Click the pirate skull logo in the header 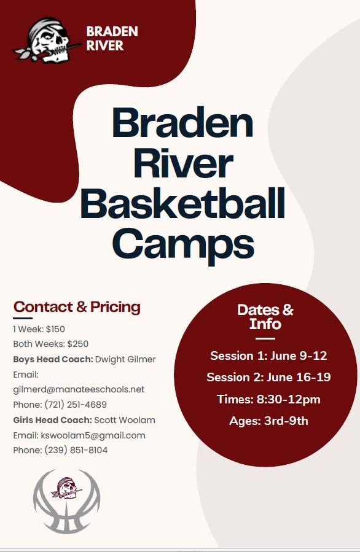click(x=47, y=41)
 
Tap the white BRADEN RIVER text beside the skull click(x=112, y=38)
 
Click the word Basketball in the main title click(x=183, y=204)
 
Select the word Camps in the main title click(x=183, y=244)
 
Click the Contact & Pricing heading click(x=77, y=307)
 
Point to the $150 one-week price click(x=56, y=329)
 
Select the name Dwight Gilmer click(x=125, y=359)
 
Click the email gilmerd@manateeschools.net click(x=79, y=389)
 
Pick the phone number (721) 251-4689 click(x=76, y=405)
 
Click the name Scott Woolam click(x=125, y=420)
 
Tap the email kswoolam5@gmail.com click(x=93, y=435)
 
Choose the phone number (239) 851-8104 click(x=76, y=450)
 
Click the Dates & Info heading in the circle click(x=265, y=317)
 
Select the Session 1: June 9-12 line click(x=268, y=356)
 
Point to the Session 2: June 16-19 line click(x=268, y=377)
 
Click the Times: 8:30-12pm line click(x=268, y=399)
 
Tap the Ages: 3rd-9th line click(x=268, y=421)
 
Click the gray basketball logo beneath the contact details click(x=66, y=501)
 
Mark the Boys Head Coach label click(x=53, y=359)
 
